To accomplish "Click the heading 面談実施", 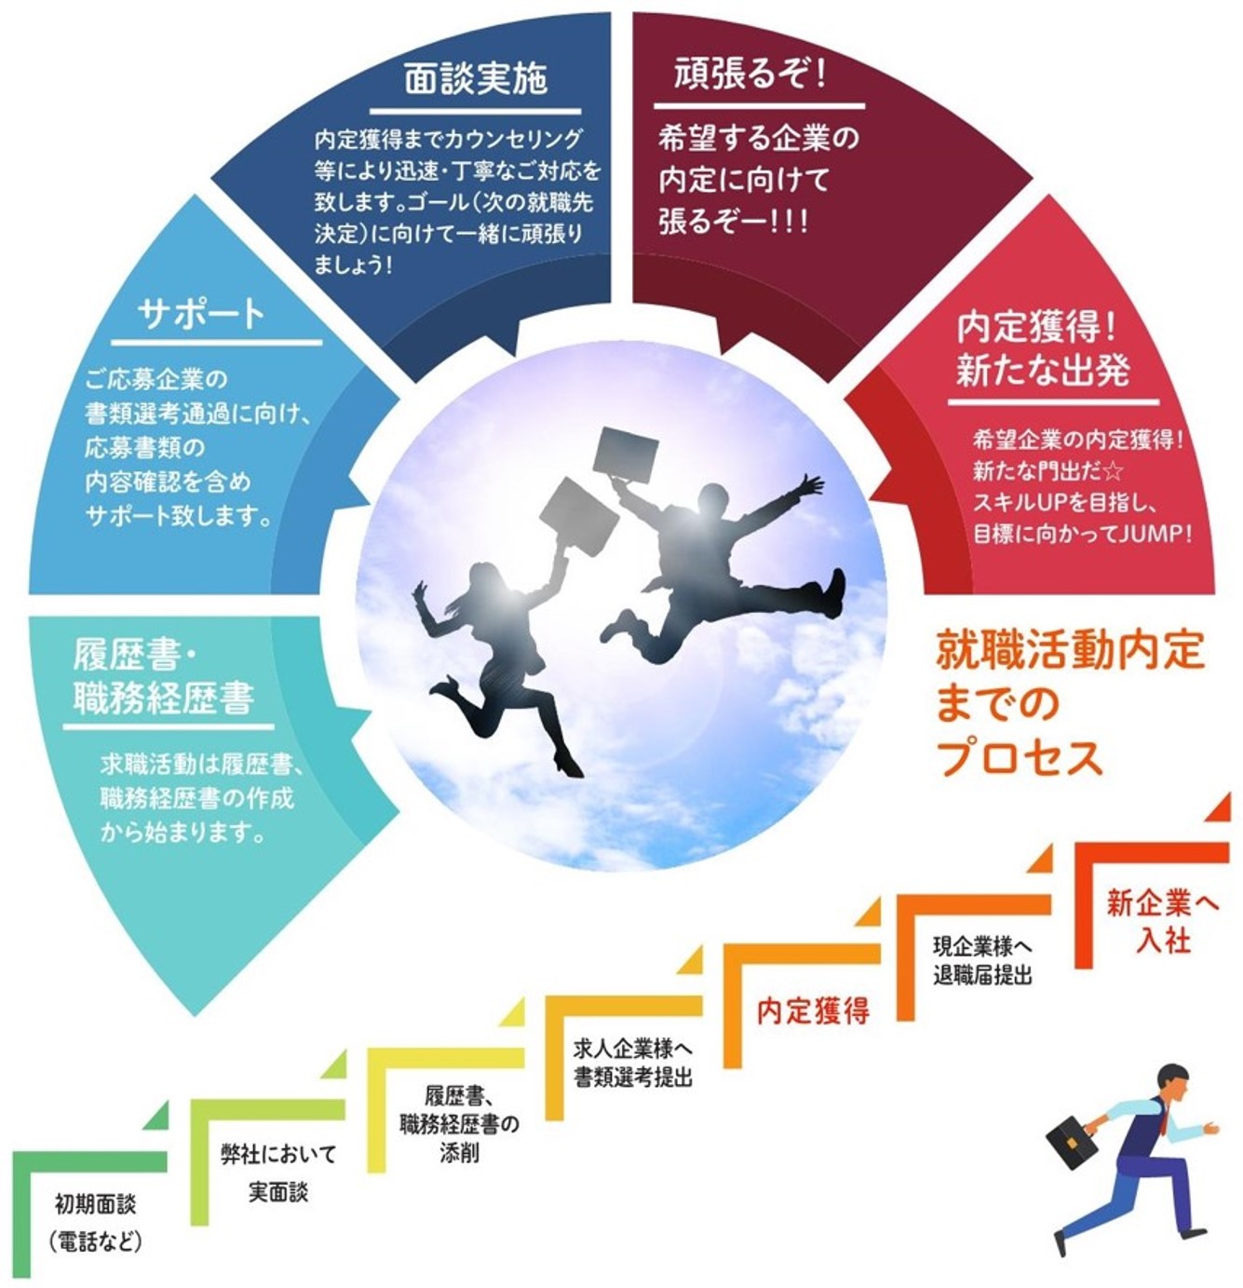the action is click(x=475, y=80).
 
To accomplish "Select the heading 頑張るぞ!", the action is click(x=750, y=74).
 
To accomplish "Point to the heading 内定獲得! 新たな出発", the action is click(x=1043, y=348).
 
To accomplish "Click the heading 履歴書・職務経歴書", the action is click(x=164, y=676).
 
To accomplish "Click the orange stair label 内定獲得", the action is click(x=813, y=1011).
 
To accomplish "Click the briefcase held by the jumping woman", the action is click(x=579, y=516).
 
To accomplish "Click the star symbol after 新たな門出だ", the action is click(x=1114, y=470).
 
